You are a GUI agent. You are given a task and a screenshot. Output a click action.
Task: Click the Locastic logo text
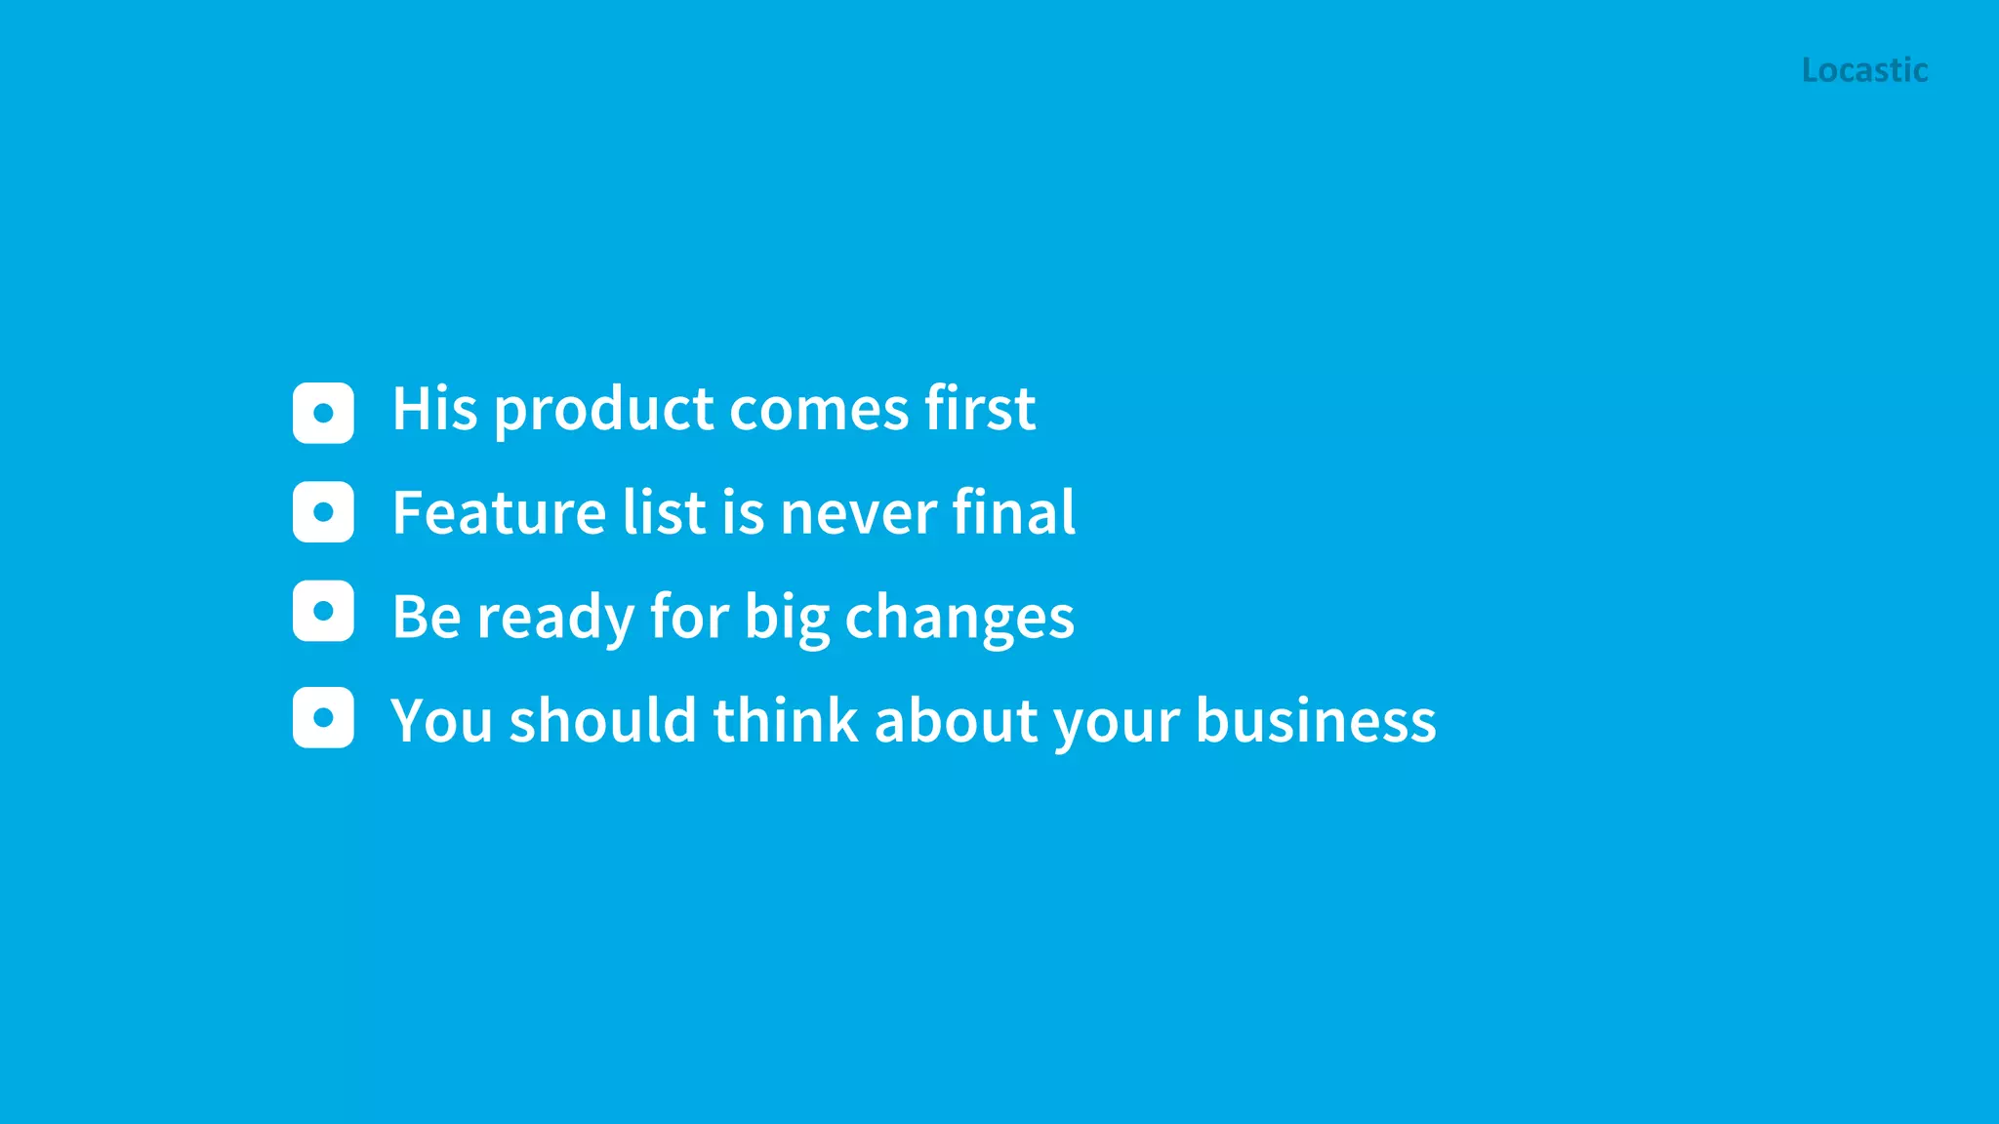(1864, 70)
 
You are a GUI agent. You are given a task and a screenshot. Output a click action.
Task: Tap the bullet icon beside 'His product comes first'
(323, 413)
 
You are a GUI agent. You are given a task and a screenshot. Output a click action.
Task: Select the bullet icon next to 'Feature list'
(323, 512)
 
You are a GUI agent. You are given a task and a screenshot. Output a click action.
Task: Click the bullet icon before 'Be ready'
(323, 612)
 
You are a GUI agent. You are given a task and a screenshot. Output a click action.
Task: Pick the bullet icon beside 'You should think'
(323, 718)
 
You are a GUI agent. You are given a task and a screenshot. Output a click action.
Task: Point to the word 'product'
(604, 410)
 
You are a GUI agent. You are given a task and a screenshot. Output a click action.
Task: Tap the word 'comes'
(820, 410)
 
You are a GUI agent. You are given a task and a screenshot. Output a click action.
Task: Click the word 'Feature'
(499, 513)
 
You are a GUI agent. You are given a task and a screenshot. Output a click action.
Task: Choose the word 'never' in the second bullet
(859, 515)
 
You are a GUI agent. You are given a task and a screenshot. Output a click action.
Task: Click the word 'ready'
(555, 619)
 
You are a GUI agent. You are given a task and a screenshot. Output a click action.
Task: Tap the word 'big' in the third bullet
(787, 619)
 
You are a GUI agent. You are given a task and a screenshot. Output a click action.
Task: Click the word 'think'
(786, 720)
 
